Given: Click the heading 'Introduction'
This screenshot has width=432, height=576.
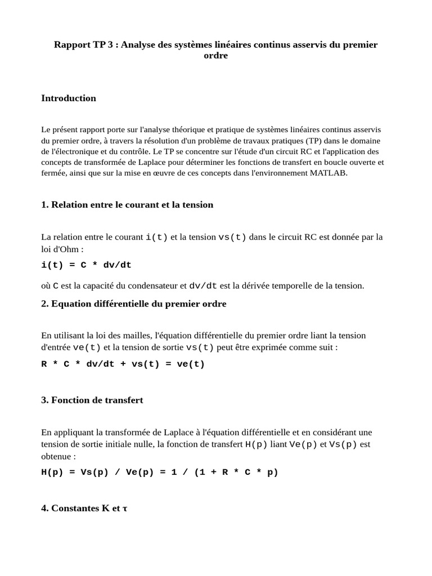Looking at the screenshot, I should coord(69,98).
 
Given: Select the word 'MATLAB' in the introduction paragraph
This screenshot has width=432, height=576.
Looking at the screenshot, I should coord(328,173).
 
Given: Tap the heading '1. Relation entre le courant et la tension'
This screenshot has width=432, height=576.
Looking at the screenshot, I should coord(127,205).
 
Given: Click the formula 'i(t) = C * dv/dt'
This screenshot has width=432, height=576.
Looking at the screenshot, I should coord(86,265).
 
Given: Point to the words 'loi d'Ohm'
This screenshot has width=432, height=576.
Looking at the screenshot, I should coord(60,249).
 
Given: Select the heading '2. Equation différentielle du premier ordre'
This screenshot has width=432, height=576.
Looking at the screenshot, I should coord(133,304).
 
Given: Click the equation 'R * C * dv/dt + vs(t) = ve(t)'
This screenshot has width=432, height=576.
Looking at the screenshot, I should coord(123,364).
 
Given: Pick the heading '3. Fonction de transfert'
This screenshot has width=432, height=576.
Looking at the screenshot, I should coord(92,400).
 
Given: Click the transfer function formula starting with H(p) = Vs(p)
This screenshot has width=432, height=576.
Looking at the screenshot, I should coord(160,472).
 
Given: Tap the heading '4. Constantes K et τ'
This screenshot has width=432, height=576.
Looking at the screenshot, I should coord(84,508).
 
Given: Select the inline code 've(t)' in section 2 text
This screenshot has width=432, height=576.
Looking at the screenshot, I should coord(87,348).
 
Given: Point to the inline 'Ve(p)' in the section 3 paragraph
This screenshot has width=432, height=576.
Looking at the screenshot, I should coord(303,444).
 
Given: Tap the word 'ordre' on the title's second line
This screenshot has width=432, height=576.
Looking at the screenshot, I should coord(215,56).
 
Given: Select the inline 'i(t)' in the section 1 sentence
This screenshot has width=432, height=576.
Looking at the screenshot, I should coord(156,237).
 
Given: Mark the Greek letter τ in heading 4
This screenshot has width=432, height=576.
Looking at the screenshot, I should coord(125,508).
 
